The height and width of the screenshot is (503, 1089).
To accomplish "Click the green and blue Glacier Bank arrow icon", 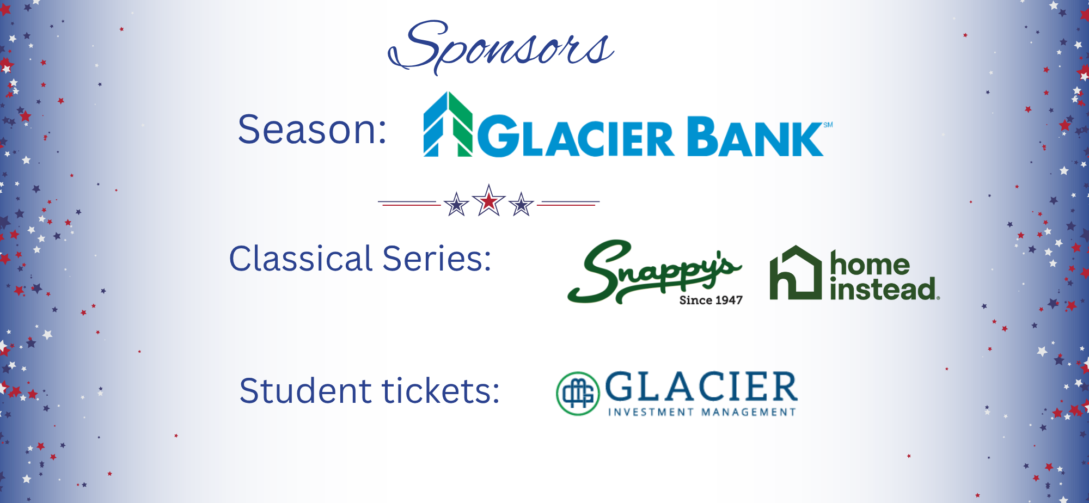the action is click(448, 125).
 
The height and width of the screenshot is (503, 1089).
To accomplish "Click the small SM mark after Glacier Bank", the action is click(828, 125).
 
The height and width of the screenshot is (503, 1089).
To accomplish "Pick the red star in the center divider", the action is click(489, 201).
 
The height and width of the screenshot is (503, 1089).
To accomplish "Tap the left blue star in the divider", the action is click(456, 205).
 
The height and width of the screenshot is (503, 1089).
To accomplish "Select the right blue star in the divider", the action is click(522, 205).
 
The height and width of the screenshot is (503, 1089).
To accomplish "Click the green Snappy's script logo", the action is click(654, 271).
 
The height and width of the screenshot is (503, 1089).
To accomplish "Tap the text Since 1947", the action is click(711, 300).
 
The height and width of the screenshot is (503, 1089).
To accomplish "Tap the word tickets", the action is click(440, 391).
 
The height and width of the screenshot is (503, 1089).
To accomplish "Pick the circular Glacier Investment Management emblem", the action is click(578, 393).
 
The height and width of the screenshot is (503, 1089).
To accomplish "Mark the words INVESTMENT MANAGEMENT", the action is click(702, 412).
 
